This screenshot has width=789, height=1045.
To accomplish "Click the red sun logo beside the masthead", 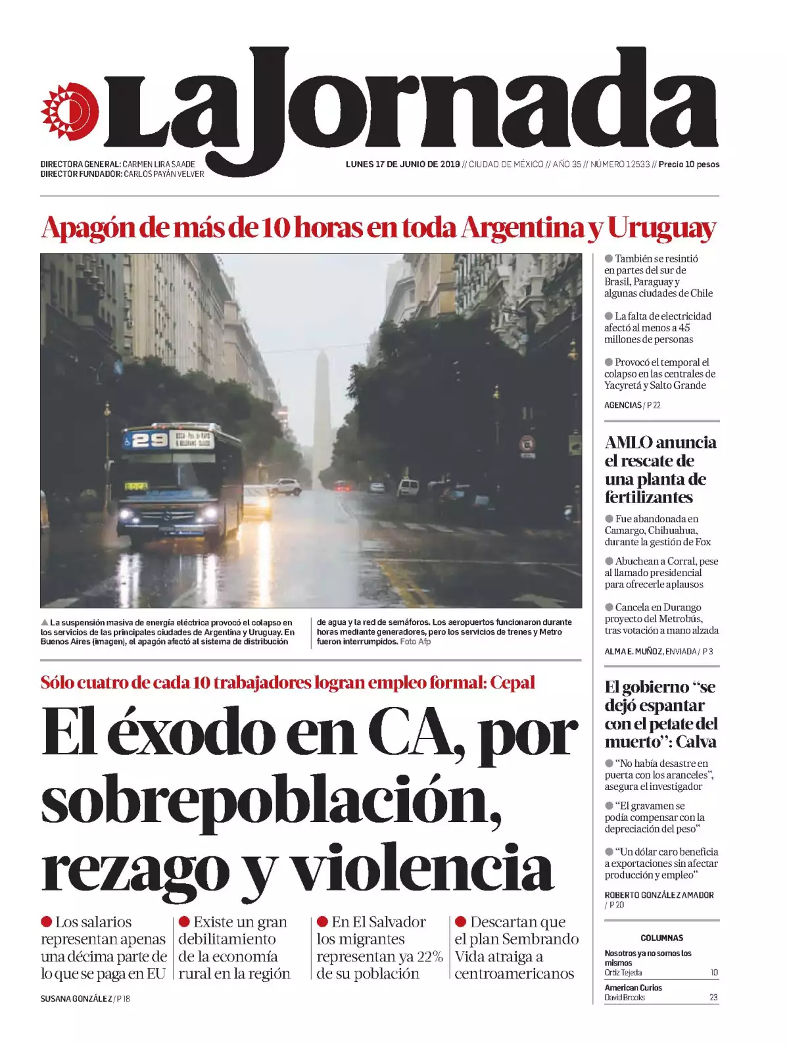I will pos(69,111).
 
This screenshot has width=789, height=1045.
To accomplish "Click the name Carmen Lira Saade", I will pos(158,164).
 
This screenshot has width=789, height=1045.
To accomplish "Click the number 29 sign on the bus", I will pos(150,440).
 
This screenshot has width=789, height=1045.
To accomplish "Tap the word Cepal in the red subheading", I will pos(512,683).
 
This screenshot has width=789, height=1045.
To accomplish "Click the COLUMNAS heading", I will pos(661,938).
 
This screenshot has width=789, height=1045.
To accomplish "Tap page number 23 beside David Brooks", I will pos(713,998).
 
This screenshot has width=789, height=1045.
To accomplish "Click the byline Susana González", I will pos(76,999).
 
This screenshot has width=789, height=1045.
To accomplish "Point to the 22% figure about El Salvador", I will pos(430,956).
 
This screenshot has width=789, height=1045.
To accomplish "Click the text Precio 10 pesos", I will pos(688,164).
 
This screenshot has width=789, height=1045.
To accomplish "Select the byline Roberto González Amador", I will pos(659,895).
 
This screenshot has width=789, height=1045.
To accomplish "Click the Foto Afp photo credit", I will pos(415,641).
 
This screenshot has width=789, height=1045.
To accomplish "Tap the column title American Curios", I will pos(633,988).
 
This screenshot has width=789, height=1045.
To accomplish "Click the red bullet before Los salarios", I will pos(47,922).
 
